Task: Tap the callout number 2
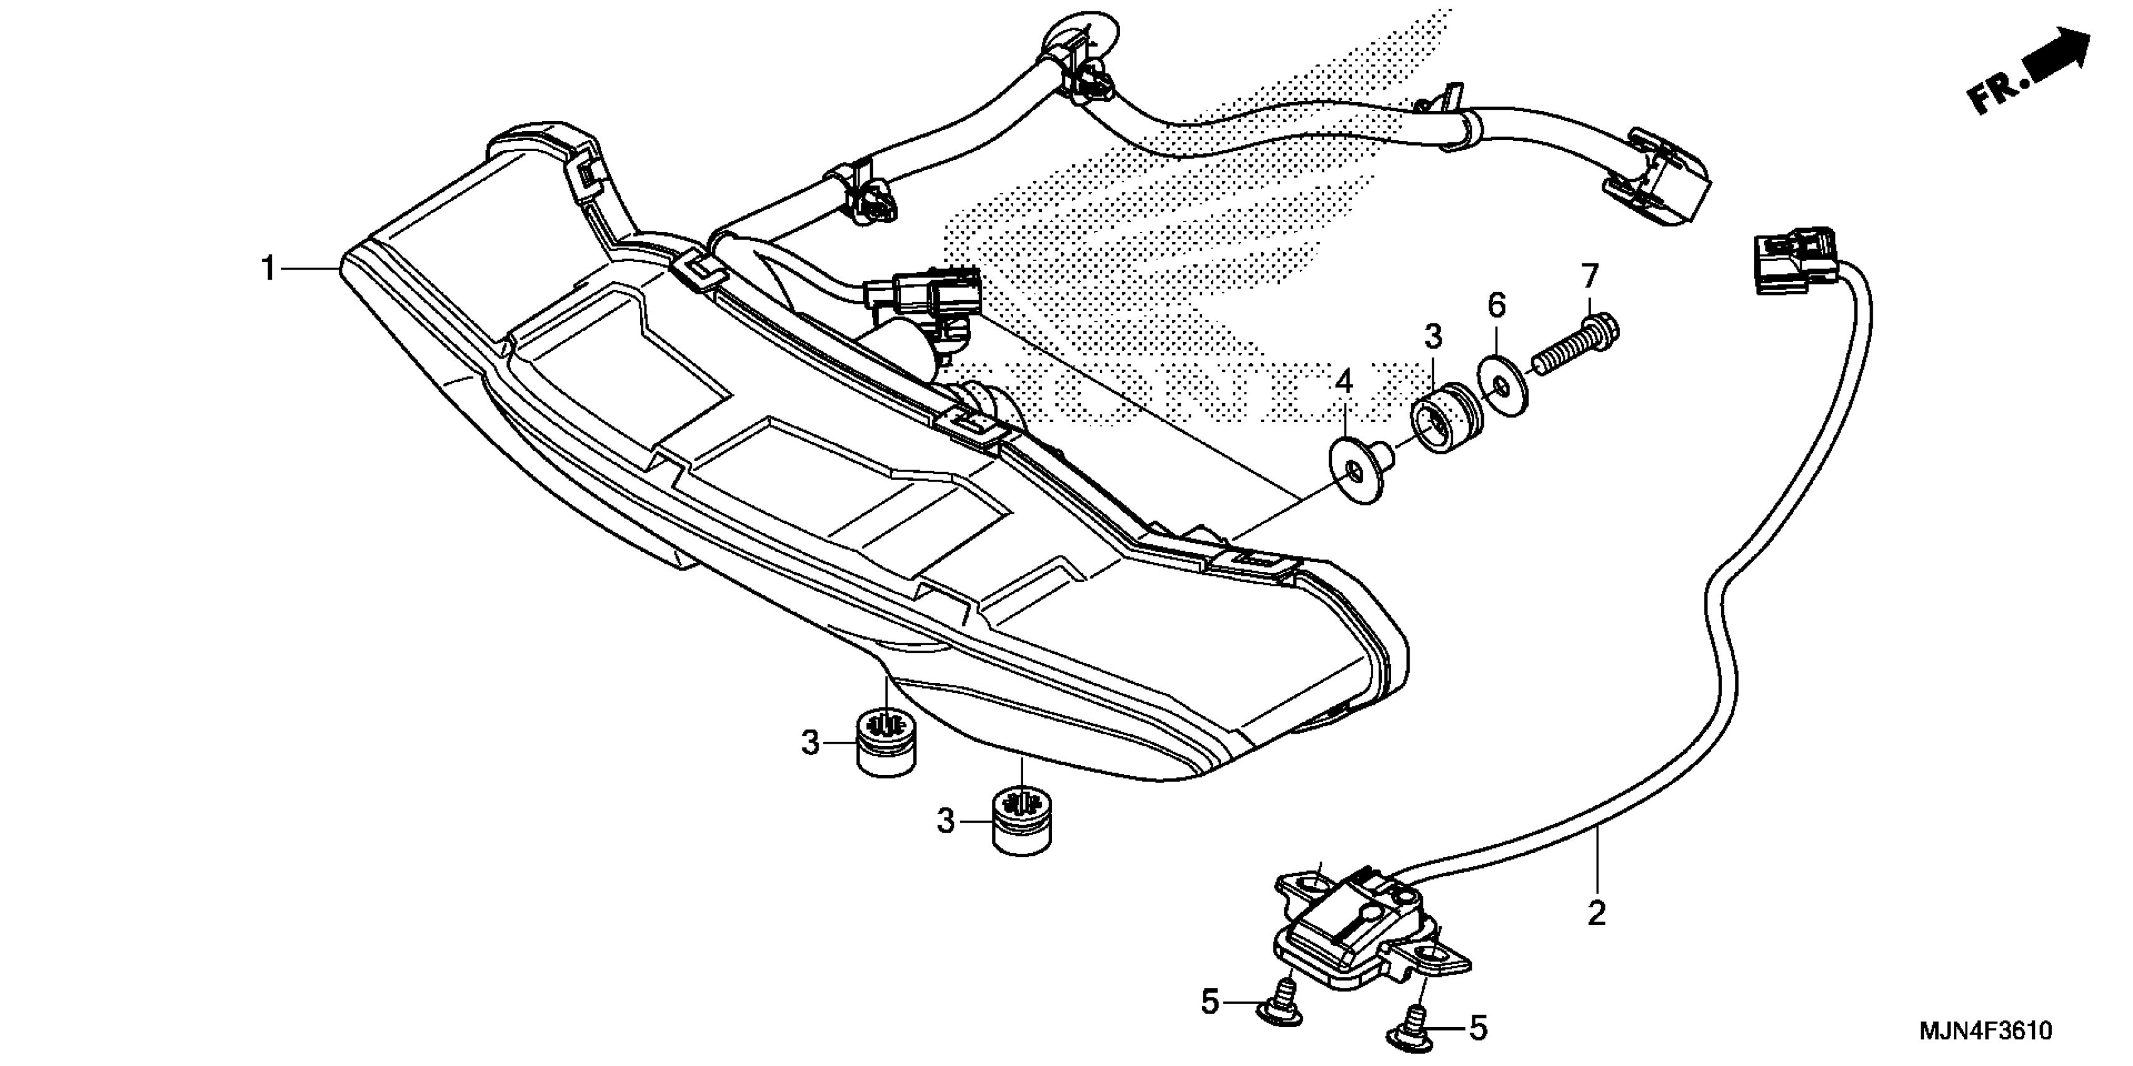point(1597,914)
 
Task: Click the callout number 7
point(1590,275)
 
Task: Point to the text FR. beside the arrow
point(1996,93)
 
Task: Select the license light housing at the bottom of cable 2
point(1370,940)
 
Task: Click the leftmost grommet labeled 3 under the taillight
point(885,742)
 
